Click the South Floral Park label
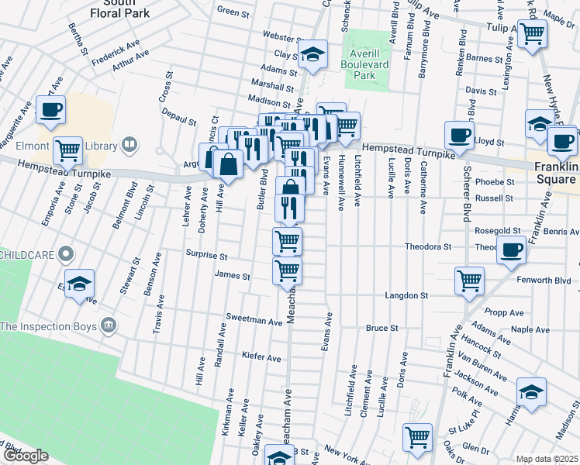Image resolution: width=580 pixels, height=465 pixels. click(x=102, y=8)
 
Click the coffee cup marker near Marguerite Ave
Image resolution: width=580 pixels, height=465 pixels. click(x=51, y=110)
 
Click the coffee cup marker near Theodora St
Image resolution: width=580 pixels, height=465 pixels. click(x=511, y=250)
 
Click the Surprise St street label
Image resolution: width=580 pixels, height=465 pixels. click(x=206, y=255)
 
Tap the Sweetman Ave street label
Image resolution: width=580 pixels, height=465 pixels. click(x=254, y=320)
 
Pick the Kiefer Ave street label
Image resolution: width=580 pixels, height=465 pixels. click(x=261, y=358)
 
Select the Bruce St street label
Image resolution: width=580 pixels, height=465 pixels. click(x=381, y=329)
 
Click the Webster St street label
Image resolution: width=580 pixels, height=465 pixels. click(x=281, y=36)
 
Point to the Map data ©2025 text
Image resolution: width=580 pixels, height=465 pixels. click(x=547, y=458)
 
